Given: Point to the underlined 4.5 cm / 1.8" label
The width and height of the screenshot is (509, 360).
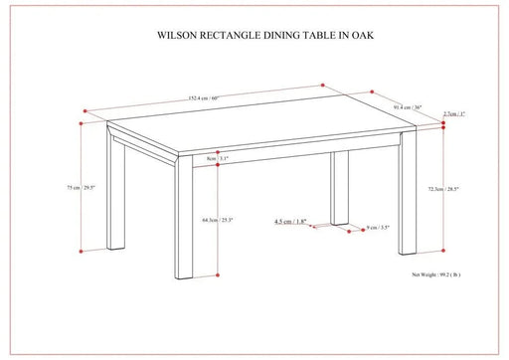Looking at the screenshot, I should (x=289, y=222).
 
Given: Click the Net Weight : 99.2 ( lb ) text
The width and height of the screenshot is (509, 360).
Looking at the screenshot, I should (x=437, y=270).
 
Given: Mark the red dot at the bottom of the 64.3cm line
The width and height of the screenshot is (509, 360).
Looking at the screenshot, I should (x=216, y=275).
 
